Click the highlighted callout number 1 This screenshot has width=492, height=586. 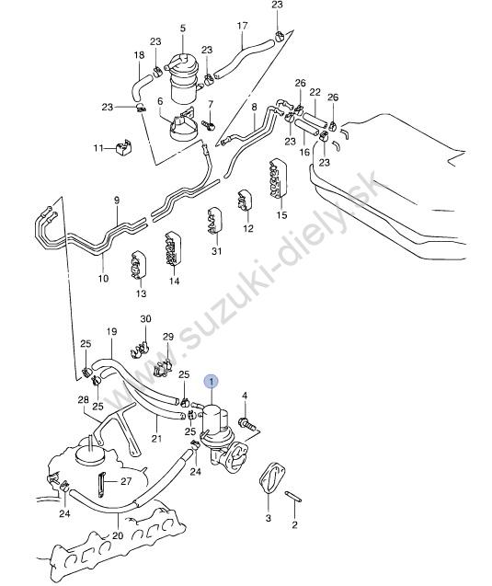pos(212,382)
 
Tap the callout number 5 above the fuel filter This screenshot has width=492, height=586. pos(183,28)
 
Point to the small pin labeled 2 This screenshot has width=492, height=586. pos(293,497)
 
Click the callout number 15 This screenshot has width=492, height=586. pos(282,215)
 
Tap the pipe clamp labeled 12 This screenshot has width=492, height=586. pos(245,201)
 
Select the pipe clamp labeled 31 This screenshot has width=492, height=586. pos(215,222)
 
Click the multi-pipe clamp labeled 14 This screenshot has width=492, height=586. pos(173,249)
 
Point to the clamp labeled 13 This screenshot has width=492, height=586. pos(138,266)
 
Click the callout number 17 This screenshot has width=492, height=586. pos(242,26)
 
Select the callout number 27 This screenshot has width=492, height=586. pos(126,481)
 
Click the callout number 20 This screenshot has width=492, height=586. pos(118,535)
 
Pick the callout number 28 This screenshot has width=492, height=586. pos(83,399)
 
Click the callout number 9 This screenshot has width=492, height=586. pos(117,200)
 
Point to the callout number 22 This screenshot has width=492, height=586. pos(315,92)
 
